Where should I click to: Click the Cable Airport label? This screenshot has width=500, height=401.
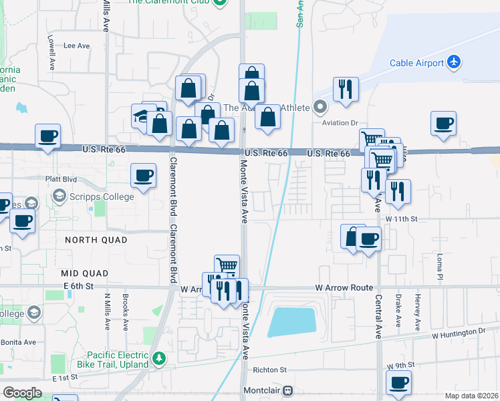pos(417,63)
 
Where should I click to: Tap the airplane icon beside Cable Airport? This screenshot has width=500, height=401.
pos(455,62)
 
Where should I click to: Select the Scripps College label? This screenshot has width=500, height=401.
pos(100,196)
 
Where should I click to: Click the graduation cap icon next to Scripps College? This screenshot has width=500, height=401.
pos(59,196)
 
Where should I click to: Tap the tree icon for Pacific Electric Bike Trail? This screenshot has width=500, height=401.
pos(159,358)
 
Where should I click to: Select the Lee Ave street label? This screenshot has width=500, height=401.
pos(76,46)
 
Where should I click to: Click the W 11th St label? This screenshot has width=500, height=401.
pos(401,219)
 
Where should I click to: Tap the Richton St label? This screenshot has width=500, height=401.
pos(269,369)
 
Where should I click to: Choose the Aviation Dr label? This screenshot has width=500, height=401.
pos(340,123)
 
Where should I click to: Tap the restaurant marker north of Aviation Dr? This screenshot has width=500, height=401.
pos(346,88)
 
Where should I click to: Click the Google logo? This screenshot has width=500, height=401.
pos(22,393)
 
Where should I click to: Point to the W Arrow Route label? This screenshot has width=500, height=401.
pos(344,288)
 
